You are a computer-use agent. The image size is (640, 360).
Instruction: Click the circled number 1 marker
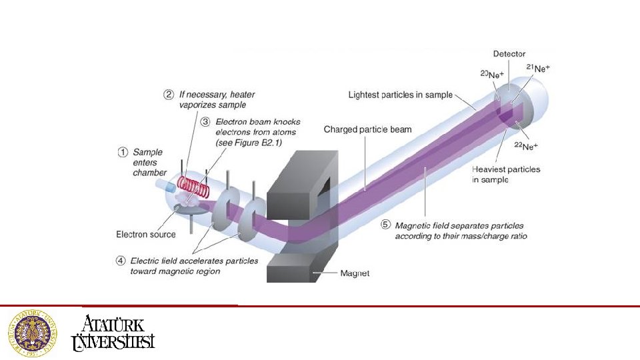[x=123, y=152]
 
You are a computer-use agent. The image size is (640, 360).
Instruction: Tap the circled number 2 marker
[x=169, y=95]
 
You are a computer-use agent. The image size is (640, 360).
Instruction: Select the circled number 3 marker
[x=206, y=122]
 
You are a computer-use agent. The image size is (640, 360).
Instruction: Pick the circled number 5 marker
[x=385, y=225]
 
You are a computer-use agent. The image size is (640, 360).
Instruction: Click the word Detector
[x=509, y=54]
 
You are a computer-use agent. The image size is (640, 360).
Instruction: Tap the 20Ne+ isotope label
[x=492, y=75]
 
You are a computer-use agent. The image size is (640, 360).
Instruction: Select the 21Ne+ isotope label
[x=538, y=68]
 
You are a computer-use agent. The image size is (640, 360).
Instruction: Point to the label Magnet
[x=355, y=273]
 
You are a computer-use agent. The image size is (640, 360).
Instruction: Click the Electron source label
[x=146, y=234]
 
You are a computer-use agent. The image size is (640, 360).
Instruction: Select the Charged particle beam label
[x=367, y=129]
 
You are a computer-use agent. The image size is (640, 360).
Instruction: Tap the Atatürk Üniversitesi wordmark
[x=113, y=333]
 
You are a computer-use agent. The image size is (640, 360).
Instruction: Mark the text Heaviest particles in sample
[x=507, y=175]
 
